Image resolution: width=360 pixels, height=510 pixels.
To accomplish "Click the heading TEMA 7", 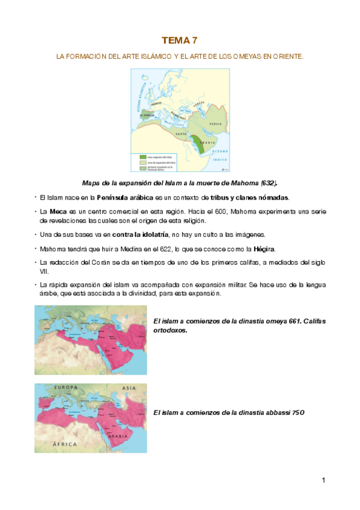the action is coord(180,40).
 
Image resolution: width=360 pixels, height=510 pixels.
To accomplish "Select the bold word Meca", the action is coord(58,212).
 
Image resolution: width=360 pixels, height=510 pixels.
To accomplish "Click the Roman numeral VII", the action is coord(44,271).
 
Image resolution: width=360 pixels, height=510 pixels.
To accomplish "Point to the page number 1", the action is coord(323,480).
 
